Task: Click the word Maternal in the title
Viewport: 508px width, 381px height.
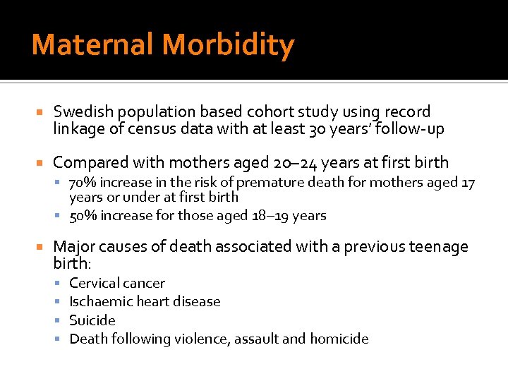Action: [x=93, y=45]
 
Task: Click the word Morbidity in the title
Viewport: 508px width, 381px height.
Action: [x=228, y=45]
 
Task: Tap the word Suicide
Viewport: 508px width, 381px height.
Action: [x=92, y=320]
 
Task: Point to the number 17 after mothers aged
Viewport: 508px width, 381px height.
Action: [x=468, y=183]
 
